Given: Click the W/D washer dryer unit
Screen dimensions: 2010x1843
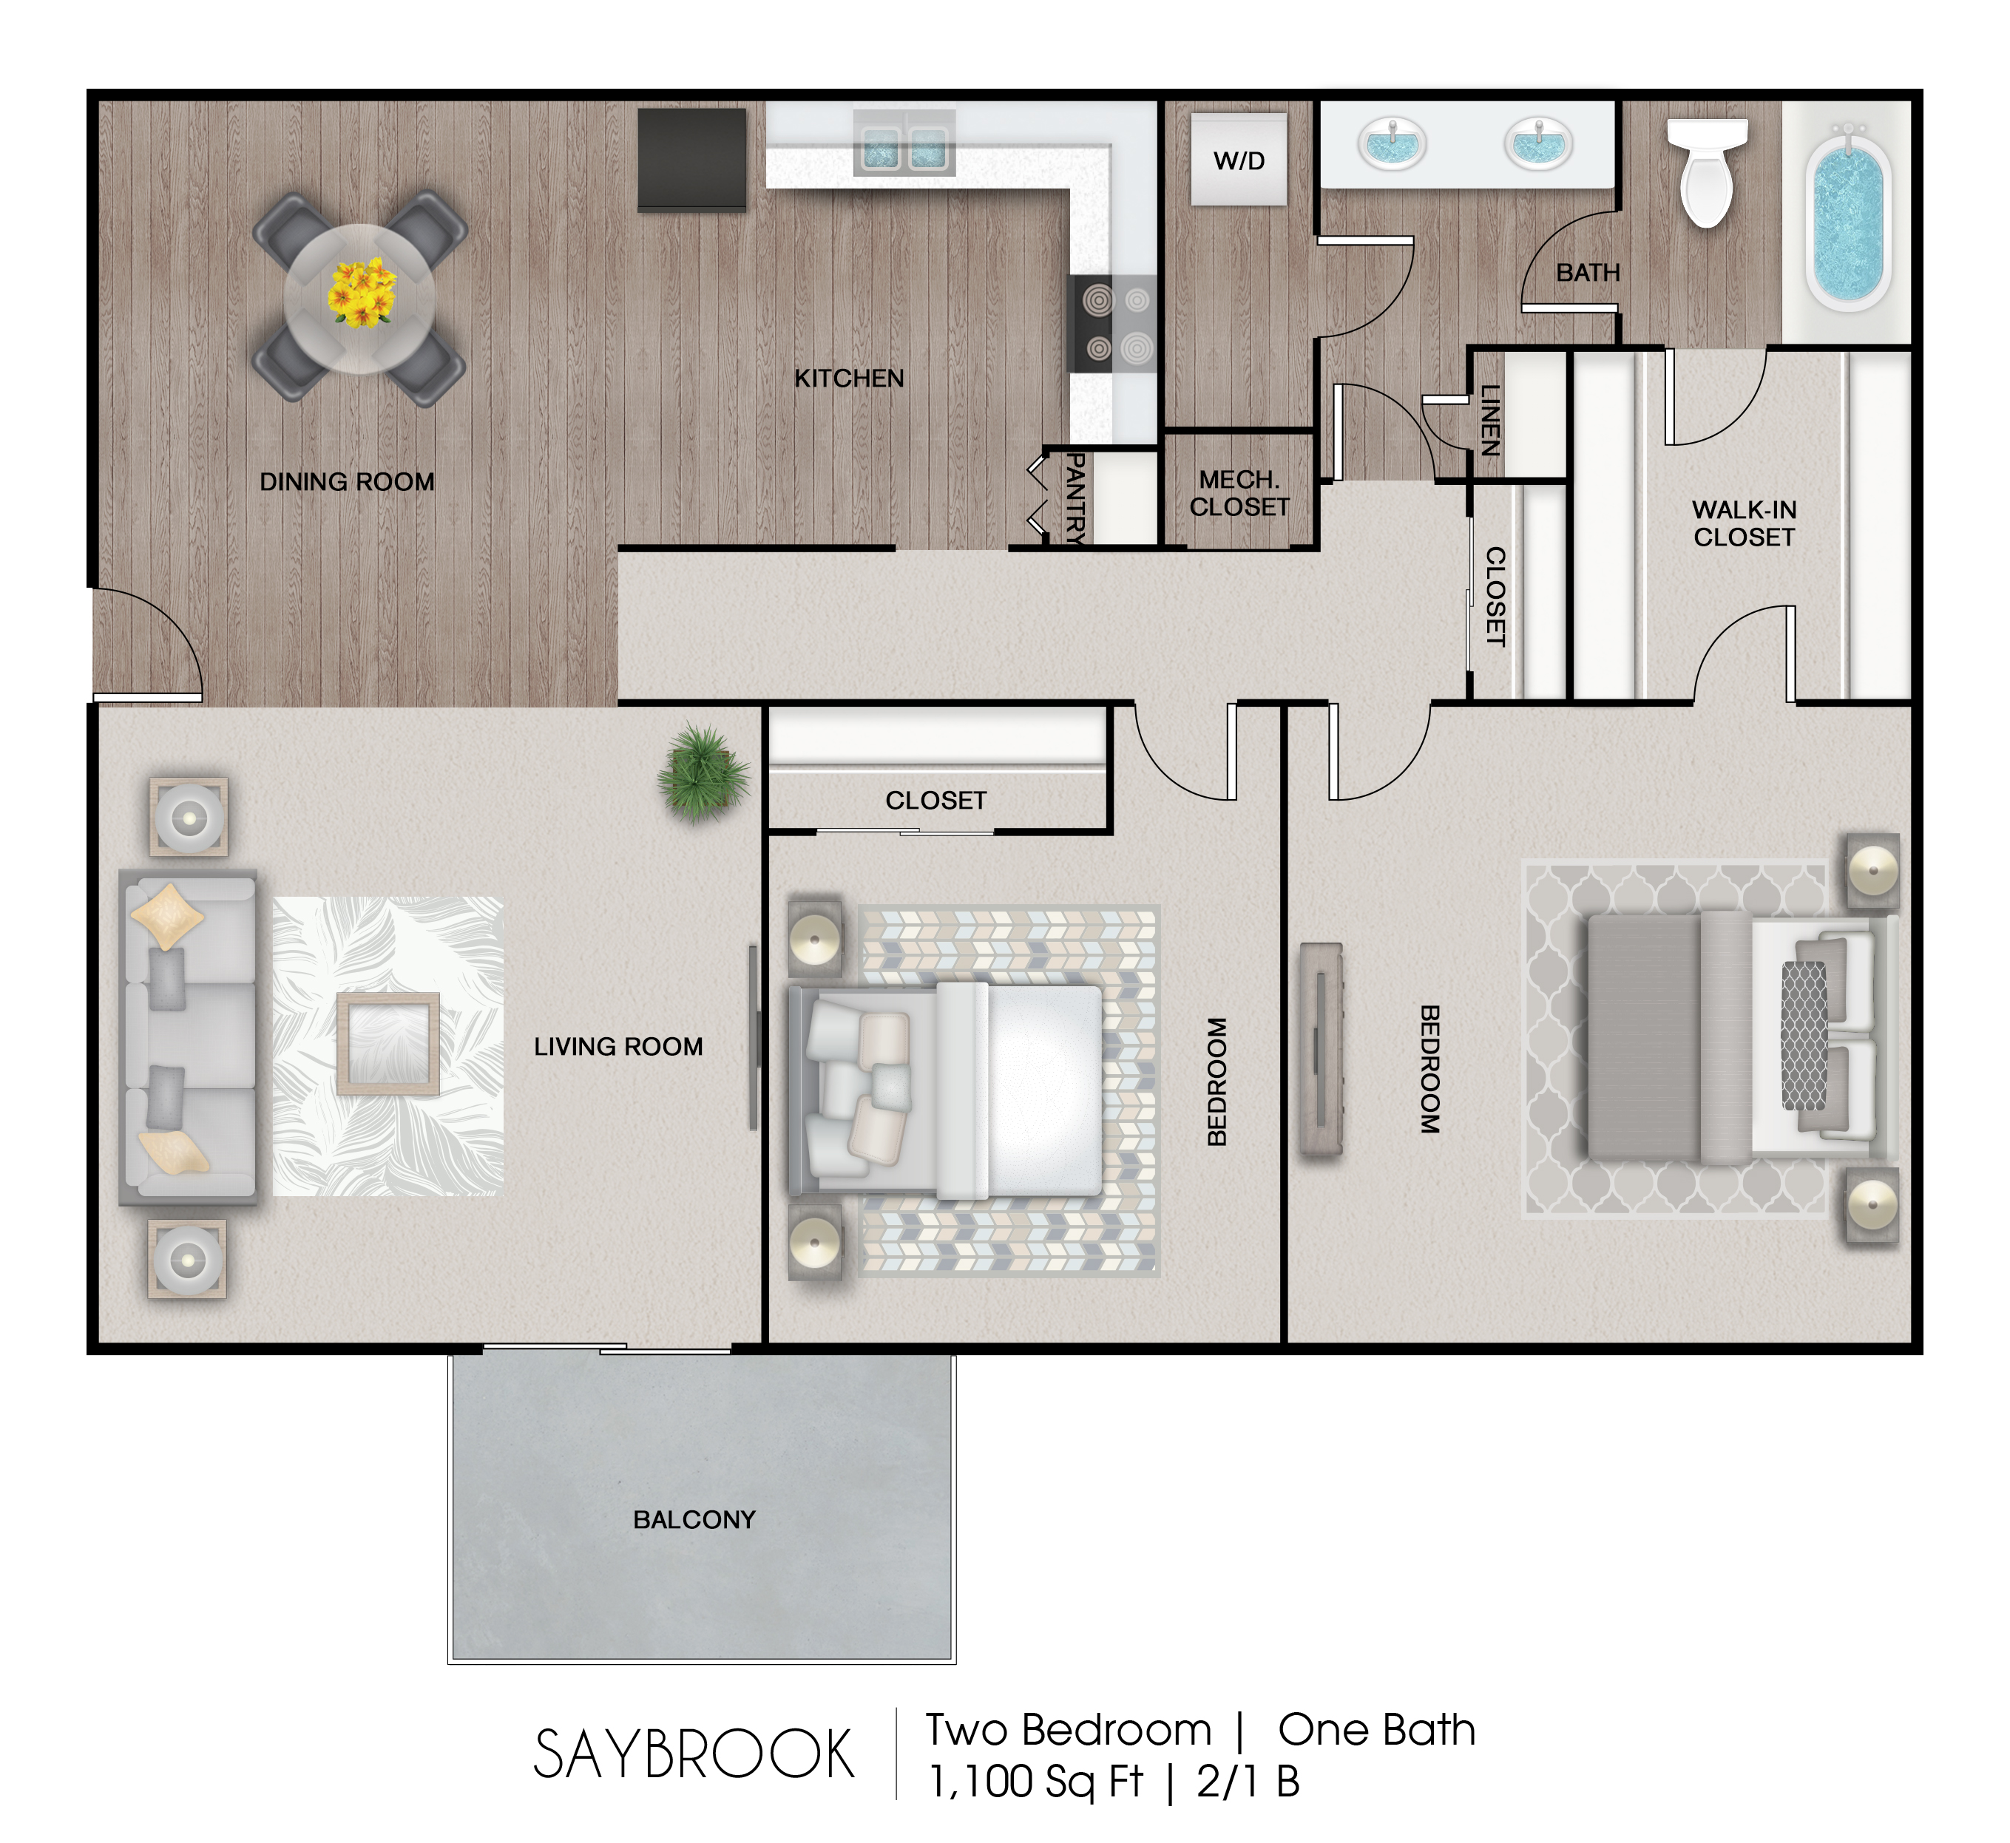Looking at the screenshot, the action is (1239, 160).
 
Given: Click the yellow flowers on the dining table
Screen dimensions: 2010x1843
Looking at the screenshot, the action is (361, 292).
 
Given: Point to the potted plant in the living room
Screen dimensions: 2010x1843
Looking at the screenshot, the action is (703, 771).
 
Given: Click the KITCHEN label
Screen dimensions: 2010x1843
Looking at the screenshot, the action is (849, 378).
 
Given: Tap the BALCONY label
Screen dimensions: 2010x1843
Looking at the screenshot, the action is (694, 1519).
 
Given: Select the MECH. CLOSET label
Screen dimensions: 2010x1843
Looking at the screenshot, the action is (1239, 492).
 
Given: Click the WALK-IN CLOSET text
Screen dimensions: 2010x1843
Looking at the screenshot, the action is (1744, 523).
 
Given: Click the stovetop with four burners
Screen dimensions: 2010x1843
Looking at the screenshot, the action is (1111, 324).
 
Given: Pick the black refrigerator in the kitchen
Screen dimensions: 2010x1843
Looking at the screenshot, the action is (691, 160).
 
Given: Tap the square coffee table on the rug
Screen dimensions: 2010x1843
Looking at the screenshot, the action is (388, 1044).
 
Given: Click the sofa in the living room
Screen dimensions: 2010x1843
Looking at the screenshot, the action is (188, 1037).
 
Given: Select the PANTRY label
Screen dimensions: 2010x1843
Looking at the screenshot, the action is (1075, 498).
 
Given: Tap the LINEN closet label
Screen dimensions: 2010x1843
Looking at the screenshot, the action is (1490, 420).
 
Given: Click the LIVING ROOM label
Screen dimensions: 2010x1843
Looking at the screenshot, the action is (618, 1046).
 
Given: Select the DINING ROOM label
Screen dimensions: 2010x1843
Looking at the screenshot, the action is (347, 482).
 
